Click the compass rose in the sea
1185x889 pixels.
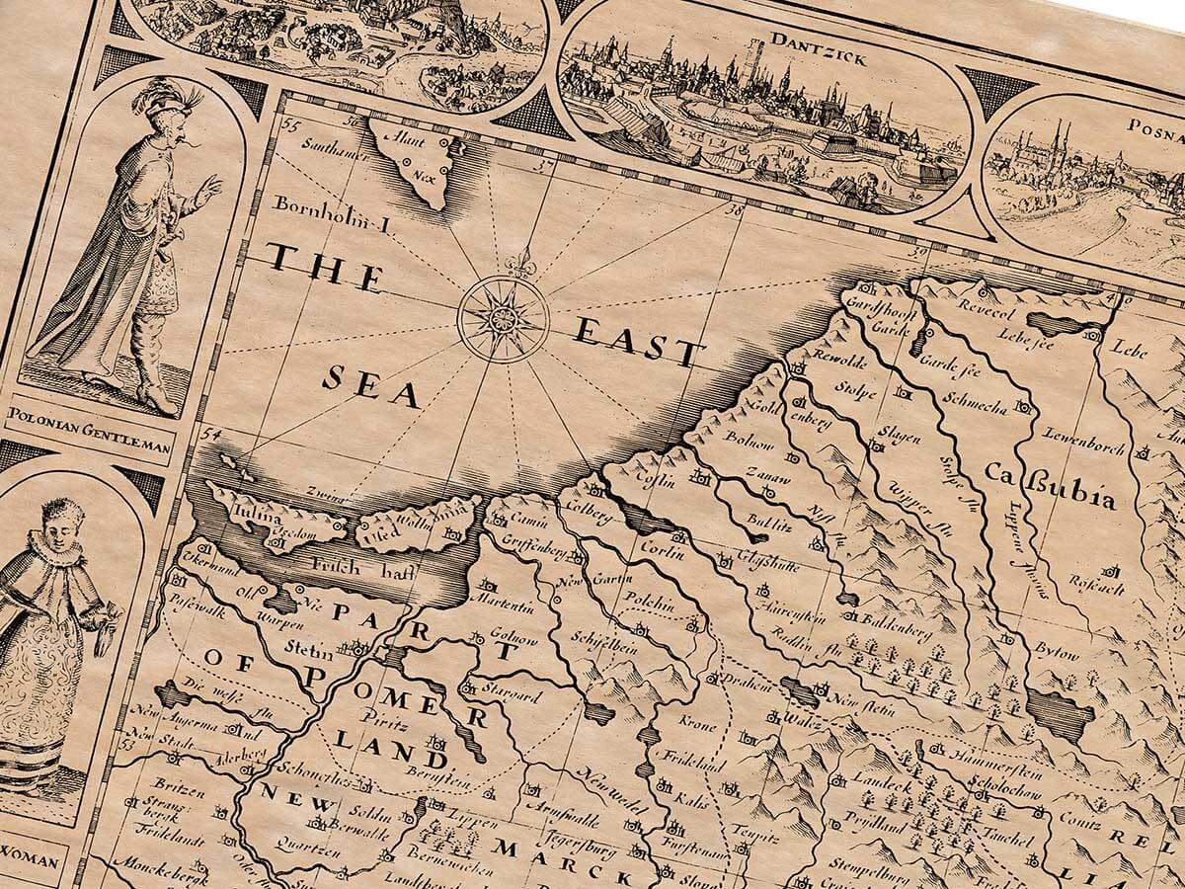pos(504,318)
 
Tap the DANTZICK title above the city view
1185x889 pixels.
pos(804,53)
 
